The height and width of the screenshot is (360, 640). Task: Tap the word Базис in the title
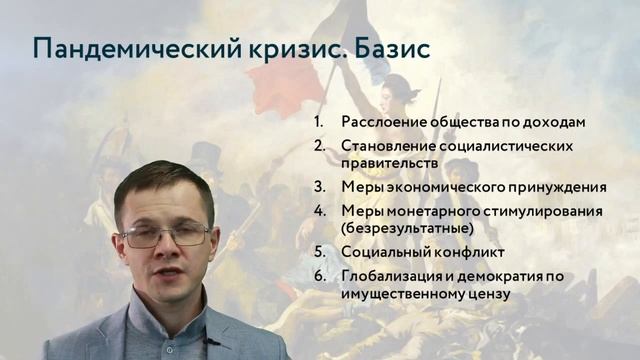(x=389, y=50)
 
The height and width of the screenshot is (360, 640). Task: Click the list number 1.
(x=319, y=122)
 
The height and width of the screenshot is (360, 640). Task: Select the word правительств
(x=390, y=162)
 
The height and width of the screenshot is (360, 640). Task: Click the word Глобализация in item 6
(x=393, y=277)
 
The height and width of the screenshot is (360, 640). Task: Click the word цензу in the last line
(x=488, y=293)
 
